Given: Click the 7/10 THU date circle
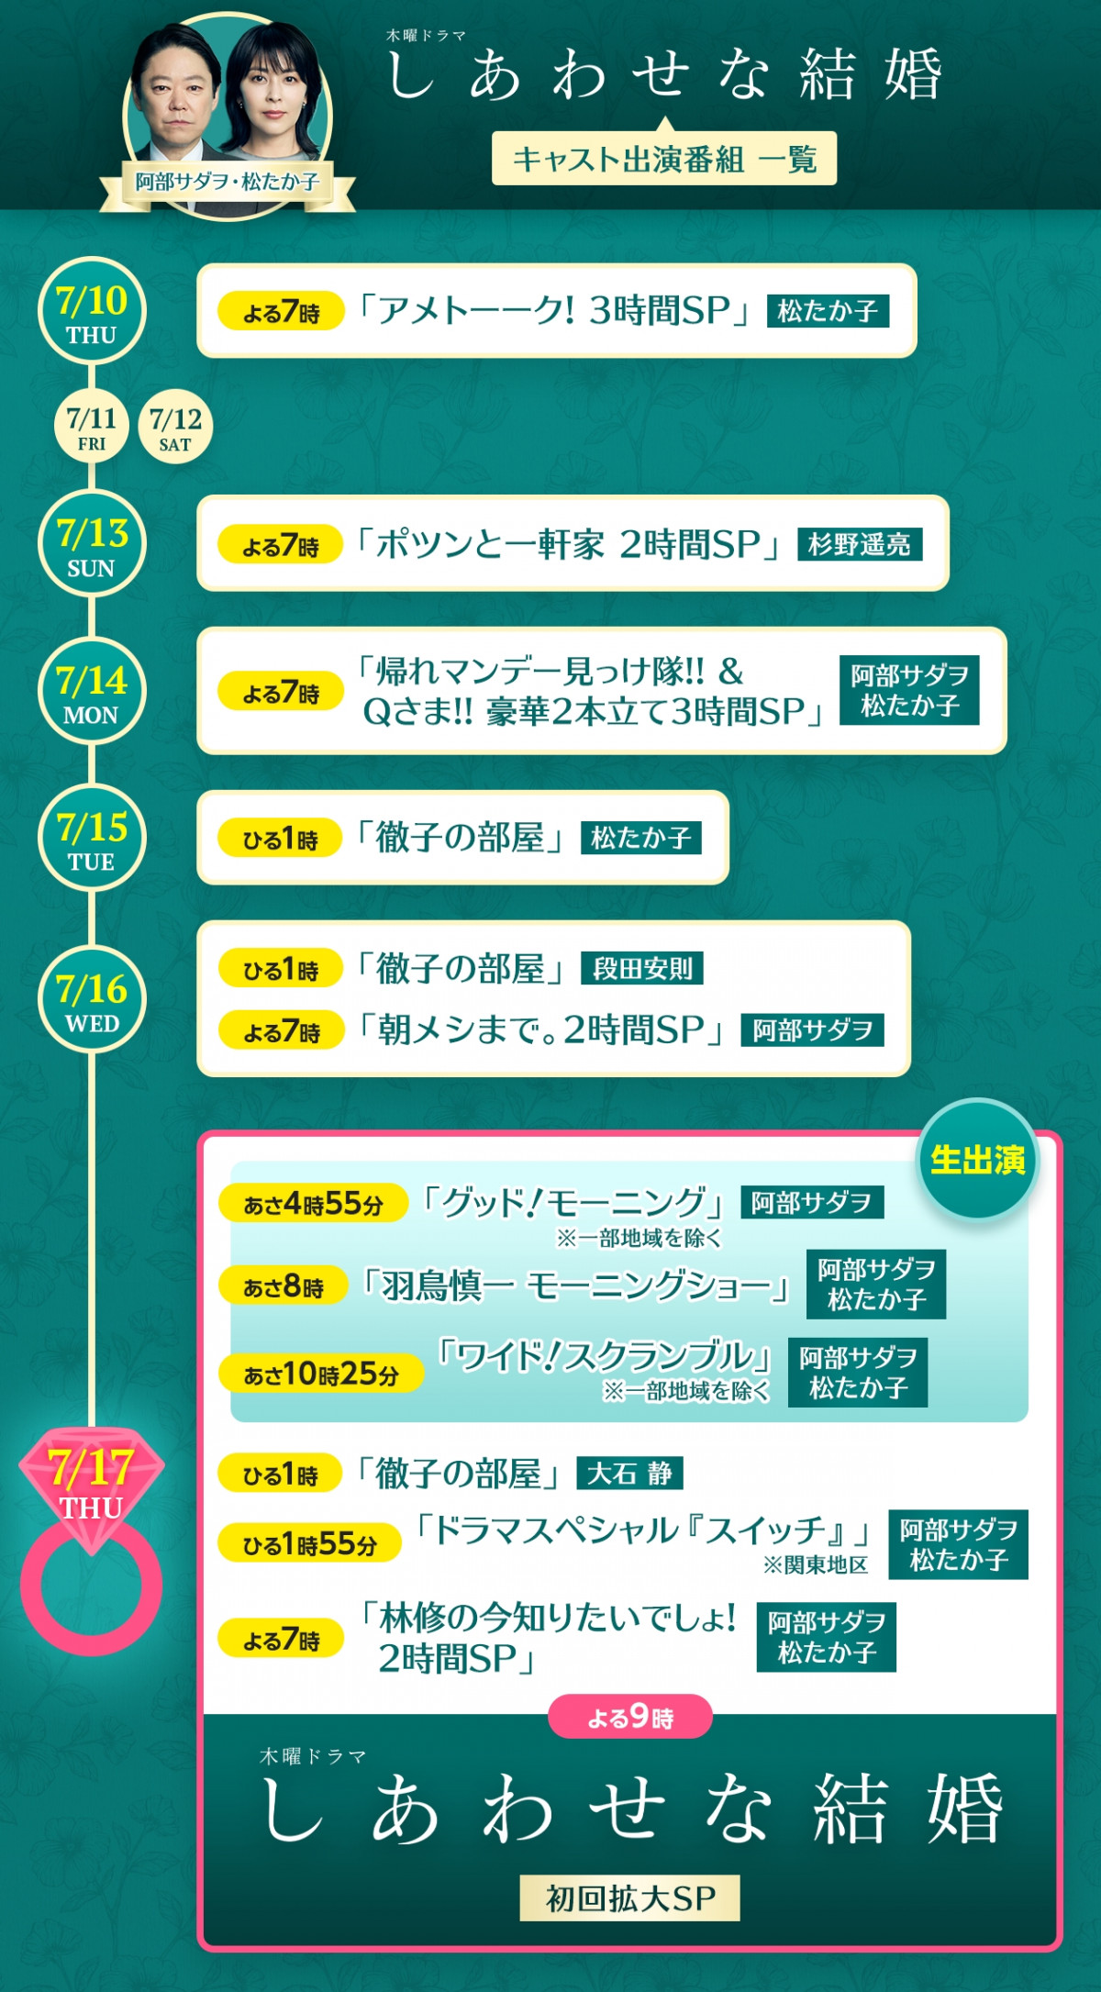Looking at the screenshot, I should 92,311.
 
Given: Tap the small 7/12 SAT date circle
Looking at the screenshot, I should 175,428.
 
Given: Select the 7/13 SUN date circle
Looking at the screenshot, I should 92,544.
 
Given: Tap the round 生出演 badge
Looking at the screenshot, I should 978,1160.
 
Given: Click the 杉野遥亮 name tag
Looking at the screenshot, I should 860,544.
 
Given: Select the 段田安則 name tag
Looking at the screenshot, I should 642,968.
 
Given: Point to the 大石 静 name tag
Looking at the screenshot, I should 629,1473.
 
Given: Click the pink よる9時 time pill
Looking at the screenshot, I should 630,1717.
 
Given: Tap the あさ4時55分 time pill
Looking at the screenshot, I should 313,1203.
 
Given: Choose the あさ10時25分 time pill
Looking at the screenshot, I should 321,1374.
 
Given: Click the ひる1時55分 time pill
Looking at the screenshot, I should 309,1543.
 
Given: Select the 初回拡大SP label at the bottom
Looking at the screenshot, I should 629,1897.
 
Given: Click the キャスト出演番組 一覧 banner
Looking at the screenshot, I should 664,159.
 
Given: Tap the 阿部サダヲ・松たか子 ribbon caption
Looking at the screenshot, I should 228,182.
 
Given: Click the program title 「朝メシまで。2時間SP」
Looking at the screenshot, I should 542,1029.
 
